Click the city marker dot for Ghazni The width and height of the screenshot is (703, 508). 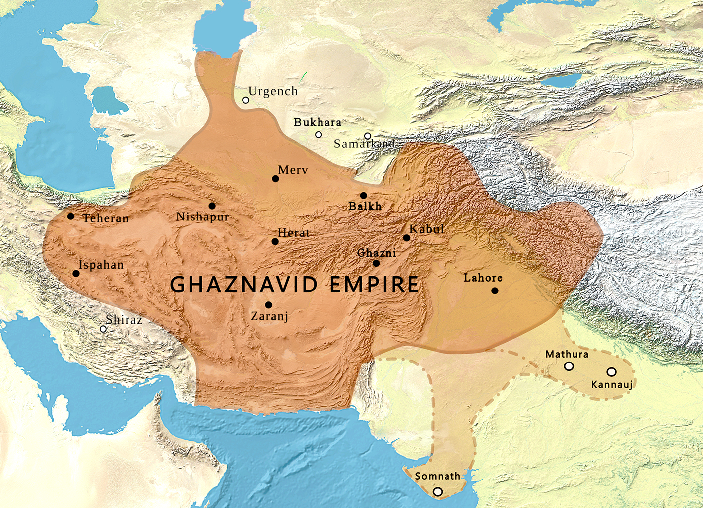(x=376, y=263)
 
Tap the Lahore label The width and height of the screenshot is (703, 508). (x=483, y=278)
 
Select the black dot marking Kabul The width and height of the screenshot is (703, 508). (x=407, y=238)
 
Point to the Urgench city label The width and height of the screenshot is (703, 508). (x=273, y=91)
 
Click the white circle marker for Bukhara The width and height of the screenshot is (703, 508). (x=319, y=135)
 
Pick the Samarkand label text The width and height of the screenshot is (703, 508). (x=364, y=144)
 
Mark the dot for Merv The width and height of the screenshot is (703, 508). (x=275, y=179)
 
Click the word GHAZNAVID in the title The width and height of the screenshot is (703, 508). (x=244, y=285)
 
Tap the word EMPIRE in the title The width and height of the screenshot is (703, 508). (x=375, y=285)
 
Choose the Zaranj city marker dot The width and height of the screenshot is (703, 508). (x=268, y=305)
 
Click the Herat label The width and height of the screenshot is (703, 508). (x=294, y=232)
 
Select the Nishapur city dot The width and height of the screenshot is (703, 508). (x=212, y=206)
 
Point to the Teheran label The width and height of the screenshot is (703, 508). (x=106, y=218)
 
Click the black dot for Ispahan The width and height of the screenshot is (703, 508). (x=76, y=273)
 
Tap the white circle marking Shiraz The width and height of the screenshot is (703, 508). (x=103, y=329)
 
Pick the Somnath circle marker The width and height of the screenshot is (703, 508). (x=437, y=492)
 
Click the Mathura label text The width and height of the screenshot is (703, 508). (x=567, y=354)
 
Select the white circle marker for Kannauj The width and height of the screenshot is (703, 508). (x=611, y=372)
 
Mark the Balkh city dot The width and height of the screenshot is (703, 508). (x=363, y=196)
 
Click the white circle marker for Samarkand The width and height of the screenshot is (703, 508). (x=368, y=136)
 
